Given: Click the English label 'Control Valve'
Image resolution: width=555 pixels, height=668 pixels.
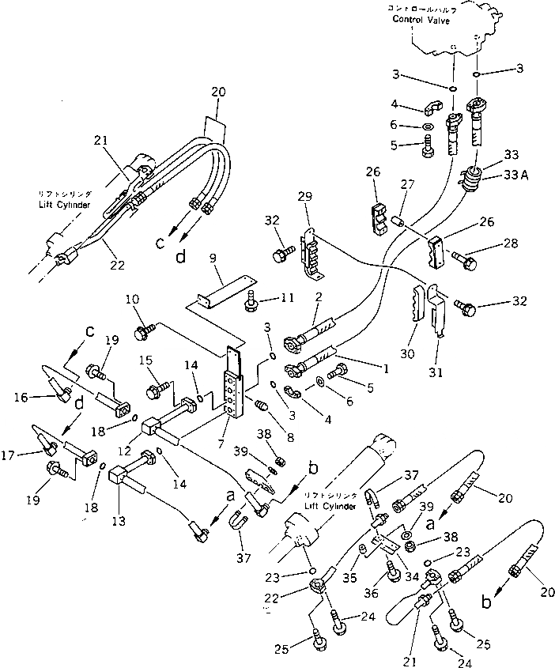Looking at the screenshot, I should coord(421,21).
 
